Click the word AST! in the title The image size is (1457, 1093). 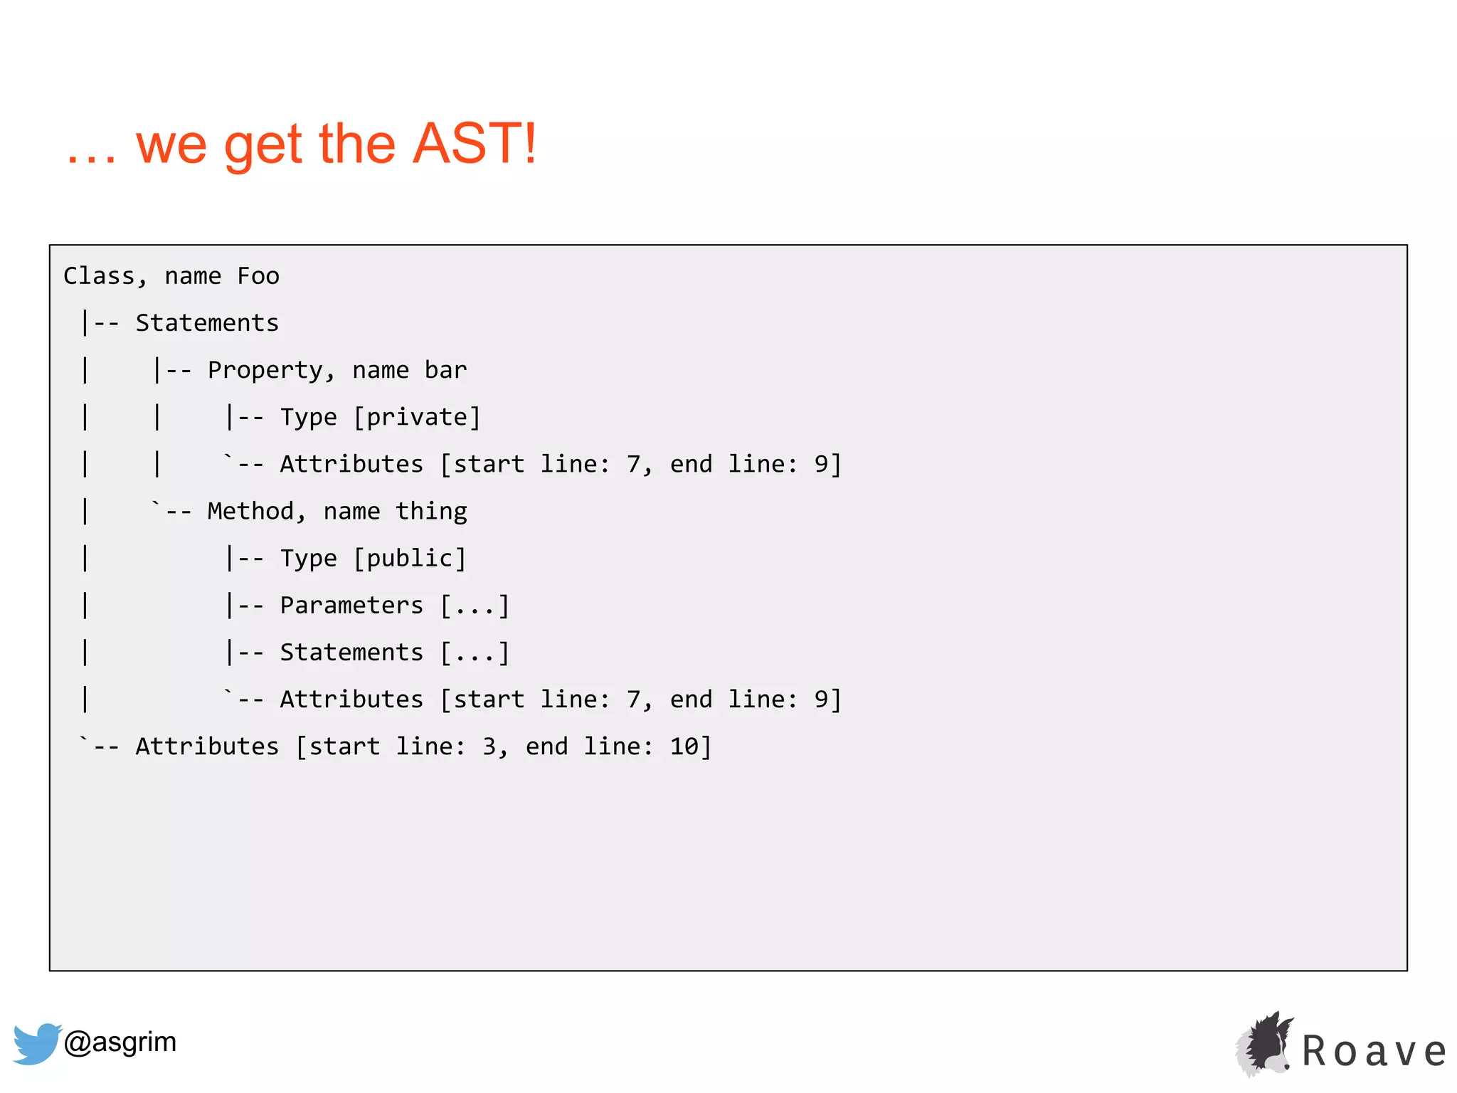475,144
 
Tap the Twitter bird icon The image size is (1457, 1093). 36,1043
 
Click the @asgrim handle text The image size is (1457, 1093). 120,1042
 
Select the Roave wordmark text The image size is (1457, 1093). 1374,1051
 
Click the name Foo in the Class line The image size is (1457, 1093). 258,276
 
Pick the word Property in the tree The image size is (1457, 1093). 265,371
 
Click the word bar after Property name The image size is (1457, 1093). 445,370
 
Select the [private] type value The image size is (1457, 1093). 417,417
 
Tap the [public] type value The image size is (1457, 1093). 410,559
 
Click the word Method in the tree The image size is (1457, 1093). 250,511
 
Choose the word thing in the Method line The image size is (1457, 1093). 431,511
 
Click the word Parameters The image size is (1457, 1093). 351,606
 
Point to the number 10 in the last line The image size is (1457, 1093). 684,746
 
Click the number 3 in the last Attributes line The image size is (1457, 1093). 489,746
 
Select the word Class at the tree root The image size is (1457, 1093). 100,276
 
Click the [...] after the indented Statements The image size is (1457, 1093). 475,653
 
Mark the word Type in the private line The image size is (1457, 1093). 308,417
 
